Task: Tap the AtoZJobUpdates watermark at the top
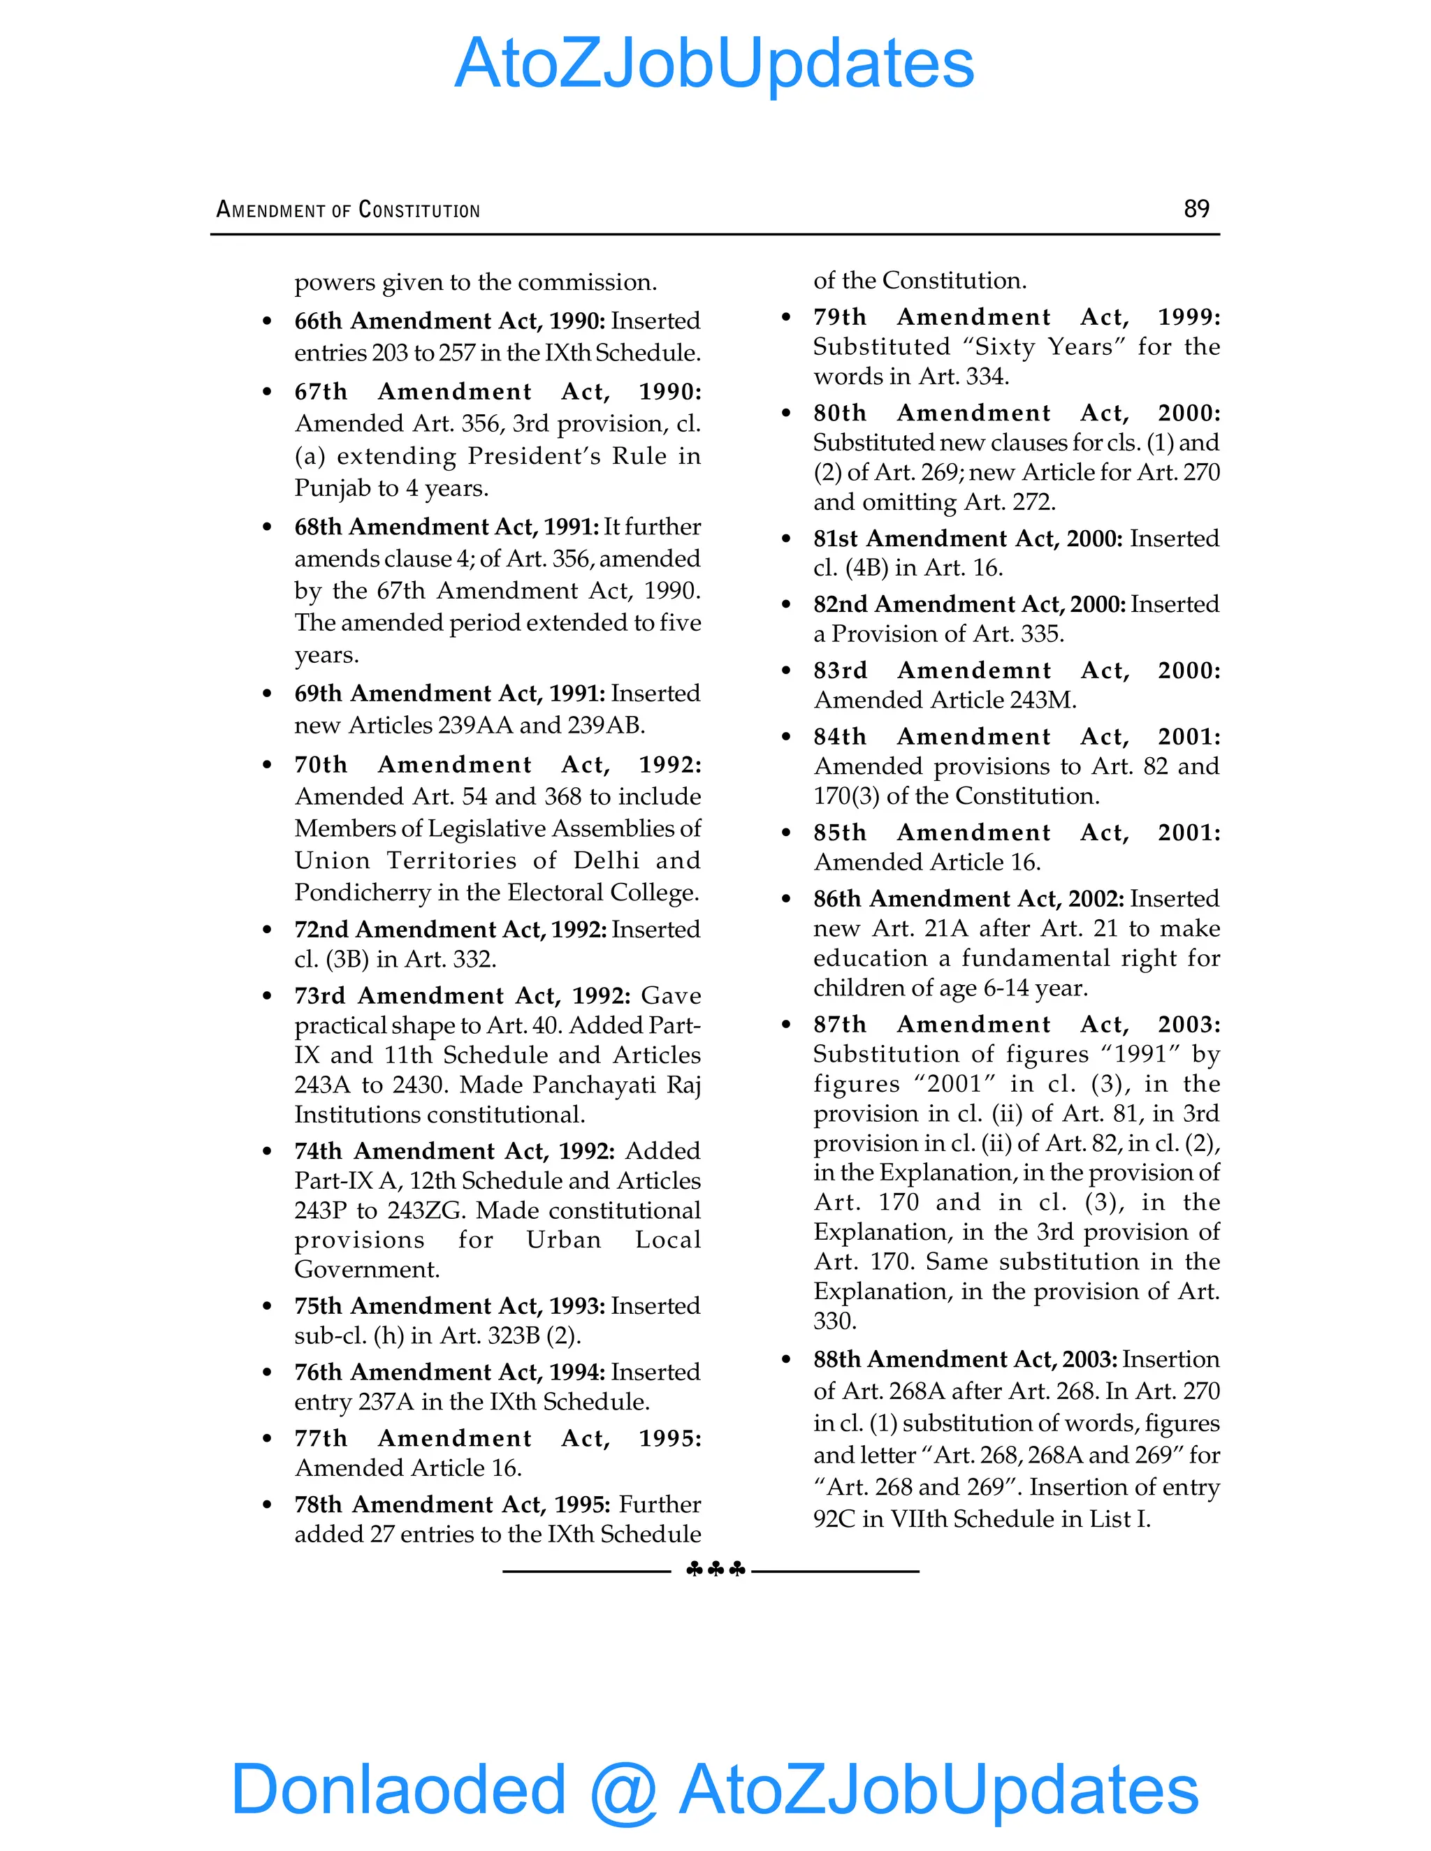715,64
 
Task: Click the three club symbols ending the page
715,1570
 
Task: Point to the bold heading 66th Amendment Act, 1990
449,321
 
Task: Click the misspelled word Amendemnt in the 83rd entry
974,671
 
